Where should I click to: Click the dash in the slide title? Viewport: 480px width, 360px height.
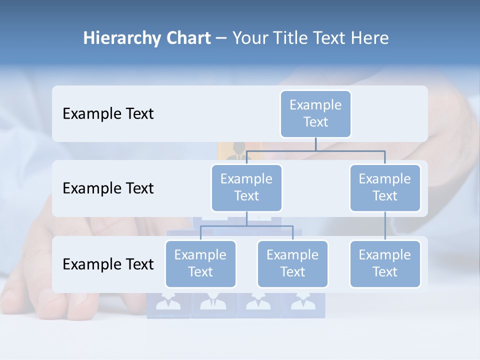pyautogui.click(x=221, y=38)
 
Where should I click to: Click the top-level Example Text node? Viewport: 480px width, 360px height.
pyautogui.click(x=315, y=113)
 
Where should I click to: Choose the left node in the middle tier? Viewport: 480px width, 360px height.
pyautogui.click(x=246, y=187)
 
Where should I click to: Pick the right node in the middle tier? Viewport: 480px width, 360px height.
pyautogui.click(x=385, y=187)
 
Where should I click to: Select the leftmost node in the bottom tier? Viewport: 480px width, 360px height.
pyautogui.click(x=200, y=263)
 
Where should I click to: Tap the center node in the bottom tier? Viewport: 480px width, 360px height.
pyautogui.click(x=292, y=263)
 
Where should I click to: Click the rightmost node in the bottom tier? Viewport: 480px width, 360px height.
pyautogui.click(x=385, y=263)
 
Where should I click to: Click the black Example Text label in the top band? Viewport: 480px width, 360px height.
pyautogui.click(x=108, y=114)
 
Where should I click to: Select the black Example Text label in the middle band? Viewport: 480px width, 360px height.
pyautogui.click(x=108, y=188)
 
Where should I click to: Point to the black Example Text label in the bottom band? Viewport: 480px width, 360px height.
pyautogui.click(x=108, y=264)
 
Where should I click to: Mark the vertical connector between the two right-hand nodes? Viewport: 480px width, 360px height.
pyautogui.click(x=385, y=225)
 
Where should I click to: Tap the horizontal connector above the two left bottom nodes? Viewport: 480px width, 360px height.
pyautogui.click(x=246, y=226)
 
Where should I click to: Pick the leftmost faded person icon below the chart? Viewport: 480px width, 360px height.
pyautogui.click(x=168, y=304)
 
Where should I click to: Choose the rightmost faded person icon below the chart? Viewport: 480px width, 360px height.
pyautogui.click(x=302, y=304)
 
